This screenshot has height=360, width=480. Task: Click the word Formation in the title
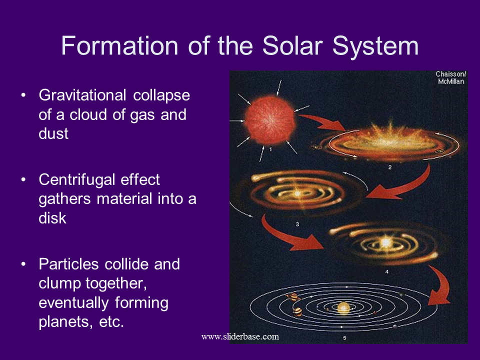tap(119, 45)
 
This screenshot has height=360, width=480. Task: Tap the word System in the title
tap(375, 46)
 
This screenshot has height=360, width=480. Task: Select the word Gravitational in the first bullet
tap(82, 95)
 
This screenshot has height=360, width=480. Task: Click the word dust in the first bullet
tap(53, 134)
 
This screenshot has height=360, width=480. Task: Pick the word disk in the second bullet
tap(52, 218)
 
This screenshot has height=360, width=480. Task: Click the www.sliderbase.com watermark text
tap(240, 336)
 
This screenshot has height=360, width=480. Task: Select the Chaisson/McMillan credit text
tap(451, 78)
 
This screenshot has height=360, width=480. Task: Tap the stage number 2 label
tap(389, 167)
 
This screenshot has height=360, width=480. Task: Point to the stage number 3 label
tap(297, 224)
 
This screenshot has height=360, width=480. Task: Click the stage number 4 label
tap(387, 272)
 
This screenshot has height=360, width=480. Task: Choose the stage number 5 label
tap(344, 338)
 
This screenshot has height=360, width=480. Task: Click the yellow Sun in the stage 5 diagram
tap(343, 307)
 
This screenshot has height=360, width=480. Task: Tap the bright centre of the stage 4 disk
tap(385, 243)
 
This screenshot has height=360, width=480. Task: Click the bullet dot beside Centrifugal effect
tap(23, 180)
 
